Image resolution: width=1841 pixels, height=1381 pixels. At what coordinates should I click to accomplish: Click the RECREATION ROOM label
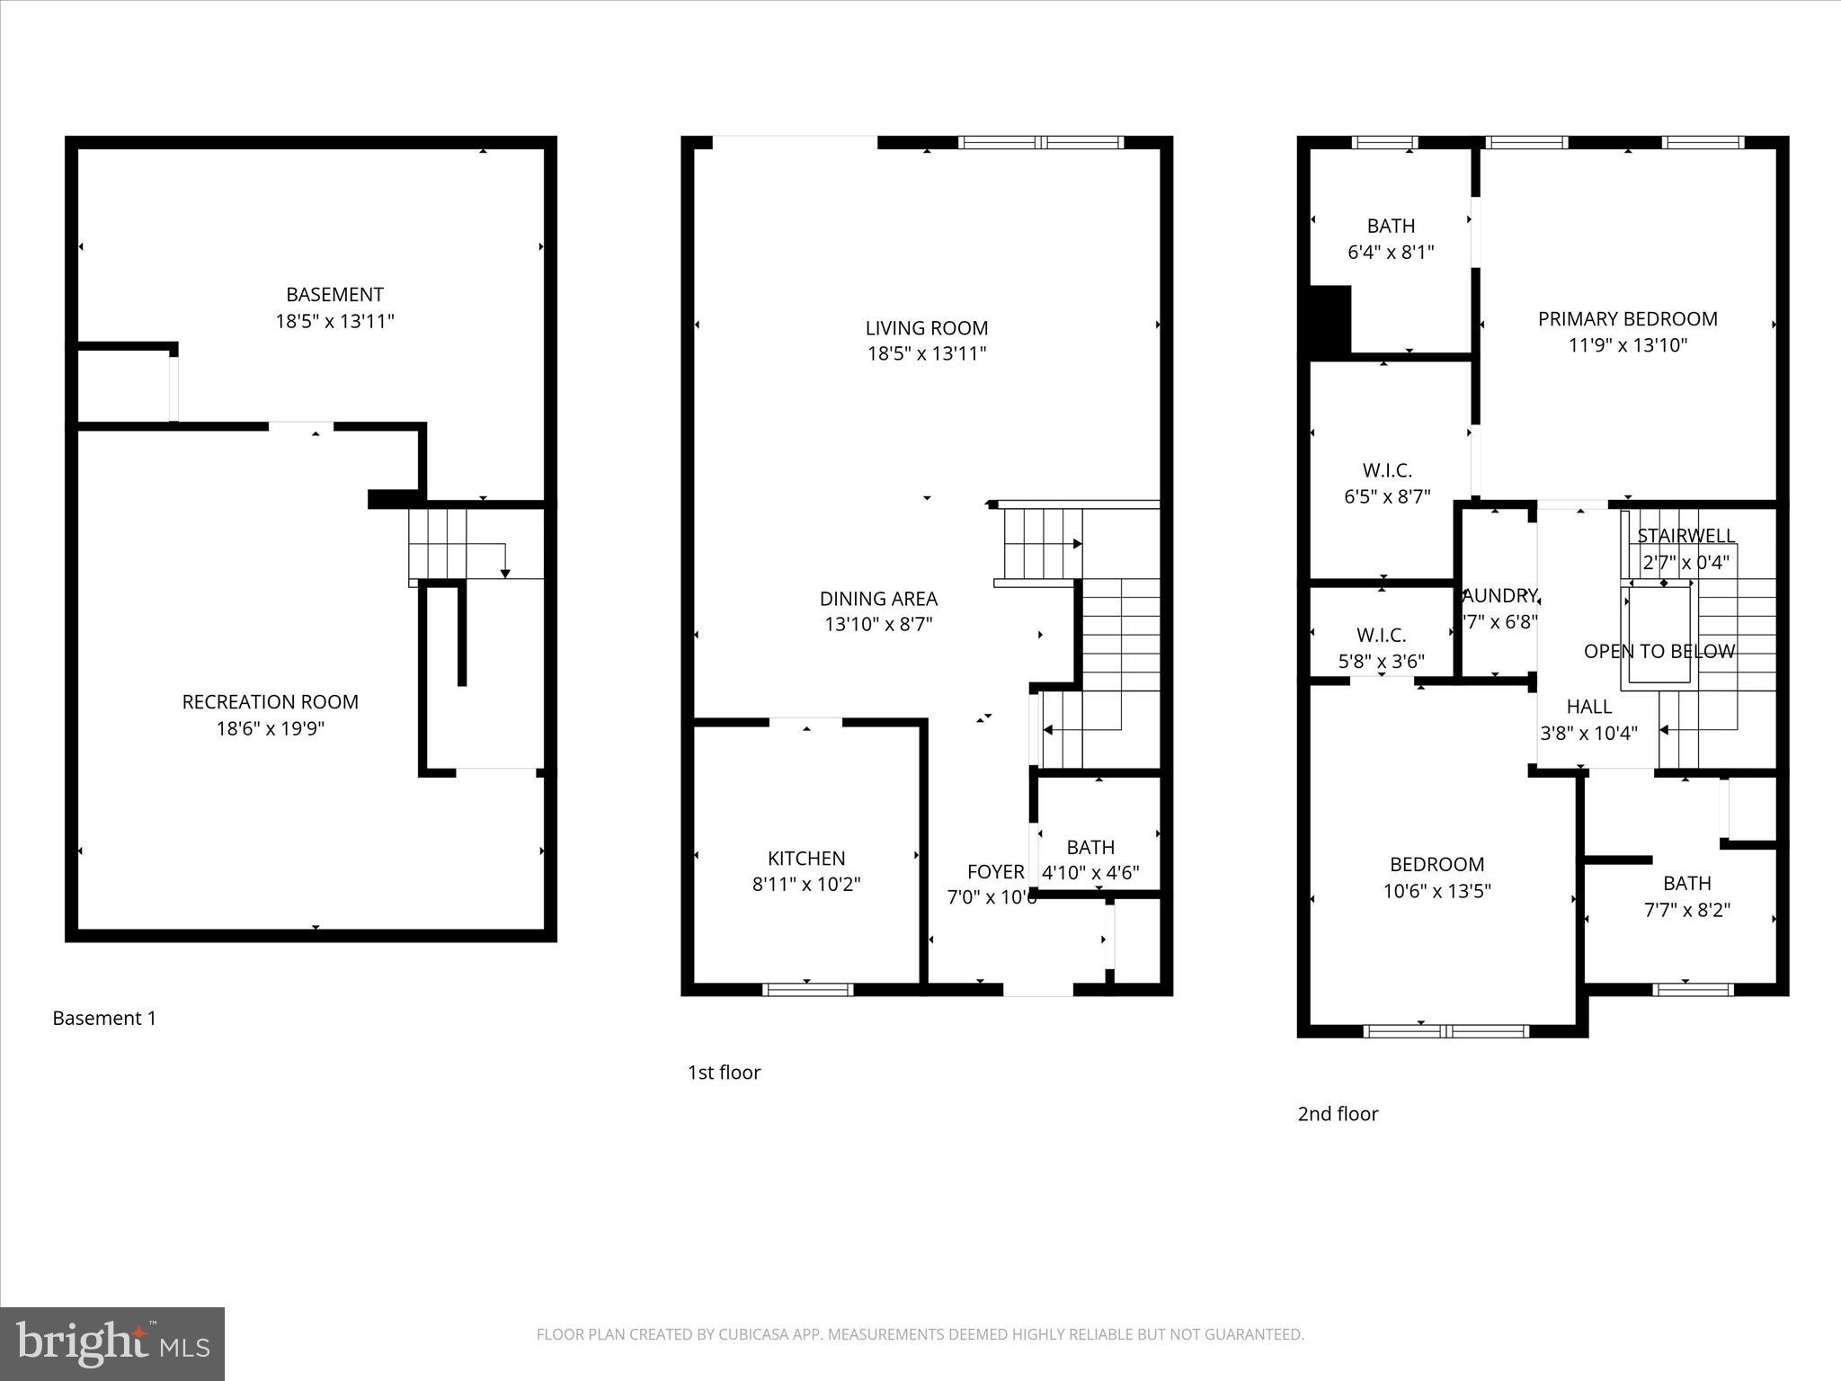click(x=270, y=702)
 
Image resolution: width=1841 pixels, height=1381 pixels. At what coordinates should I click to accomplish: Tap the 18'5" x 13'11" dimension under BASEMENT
click(x=334, y=321)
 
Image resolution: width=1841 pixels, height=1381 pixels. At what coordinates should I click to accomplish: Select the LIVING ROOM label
click(x=926, y=328)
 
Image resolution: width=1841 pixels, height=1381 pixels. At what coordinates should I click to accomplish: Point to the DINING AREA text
click(x=878, y=599)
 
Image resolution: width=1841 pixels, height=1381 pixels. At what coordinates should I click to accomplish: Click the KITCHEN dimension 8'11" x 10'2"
click(x=806, y=885)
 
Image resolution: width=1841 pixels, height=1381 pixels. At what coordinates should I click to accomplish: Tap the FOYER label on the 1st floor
click(x=995, y=871)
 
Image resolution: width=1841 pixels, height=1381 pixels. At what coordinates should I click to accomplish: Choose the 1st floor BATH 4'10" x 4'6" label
click(x=1090, y=860)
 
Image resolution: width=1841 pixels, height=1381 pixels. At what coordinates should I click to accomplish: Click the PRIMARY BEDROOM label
click(x=1627, y=319)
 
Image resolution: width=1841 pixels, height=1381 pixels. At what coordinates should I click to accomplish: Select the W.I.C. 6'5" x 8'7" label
click(x=1387, y=483)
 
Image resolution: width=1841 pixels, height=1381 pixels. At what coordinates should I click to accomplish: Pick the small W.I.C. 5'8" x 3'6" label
click(x=1381, y=648)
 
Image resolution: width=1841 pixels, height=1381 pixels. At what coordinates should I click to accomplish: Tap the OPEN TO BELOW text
click(x=1659, y=652)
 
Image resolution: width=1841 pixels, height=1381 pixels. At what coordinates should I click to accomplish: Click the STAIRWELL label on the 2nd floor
click(x=1685, y=536)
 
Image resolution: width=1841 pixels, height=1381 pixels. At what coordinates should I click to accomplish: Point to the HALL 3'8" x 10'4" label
click(x=1588, y=720)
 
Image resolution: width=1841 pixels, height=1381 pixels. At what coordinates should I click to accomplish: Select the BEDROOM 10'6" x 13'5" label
click(x=1436, y=878)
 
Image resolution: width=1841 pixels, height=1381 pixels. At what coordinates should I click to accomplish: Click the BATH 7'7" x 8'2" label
click(x=1686, y=896)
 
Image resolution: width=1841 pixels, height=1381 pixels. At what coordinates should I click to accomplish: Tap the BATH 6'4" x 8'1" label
click(x=1391, y=239)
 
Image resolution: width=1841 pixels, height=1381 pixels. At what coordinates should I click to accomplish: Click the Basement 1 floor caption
click(x=104, y=1018)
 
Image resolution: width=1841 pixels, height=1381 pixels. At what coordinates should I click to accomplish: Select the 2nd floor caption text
click(x=1338, y=1114)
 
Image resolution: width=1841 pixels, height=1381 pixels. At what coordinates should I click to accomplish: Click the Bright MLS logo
click(x=112, y=1343)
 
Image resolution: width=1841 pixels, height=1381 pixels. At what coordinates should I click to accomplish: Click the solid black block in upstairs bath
click(x=1330, y=320)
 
